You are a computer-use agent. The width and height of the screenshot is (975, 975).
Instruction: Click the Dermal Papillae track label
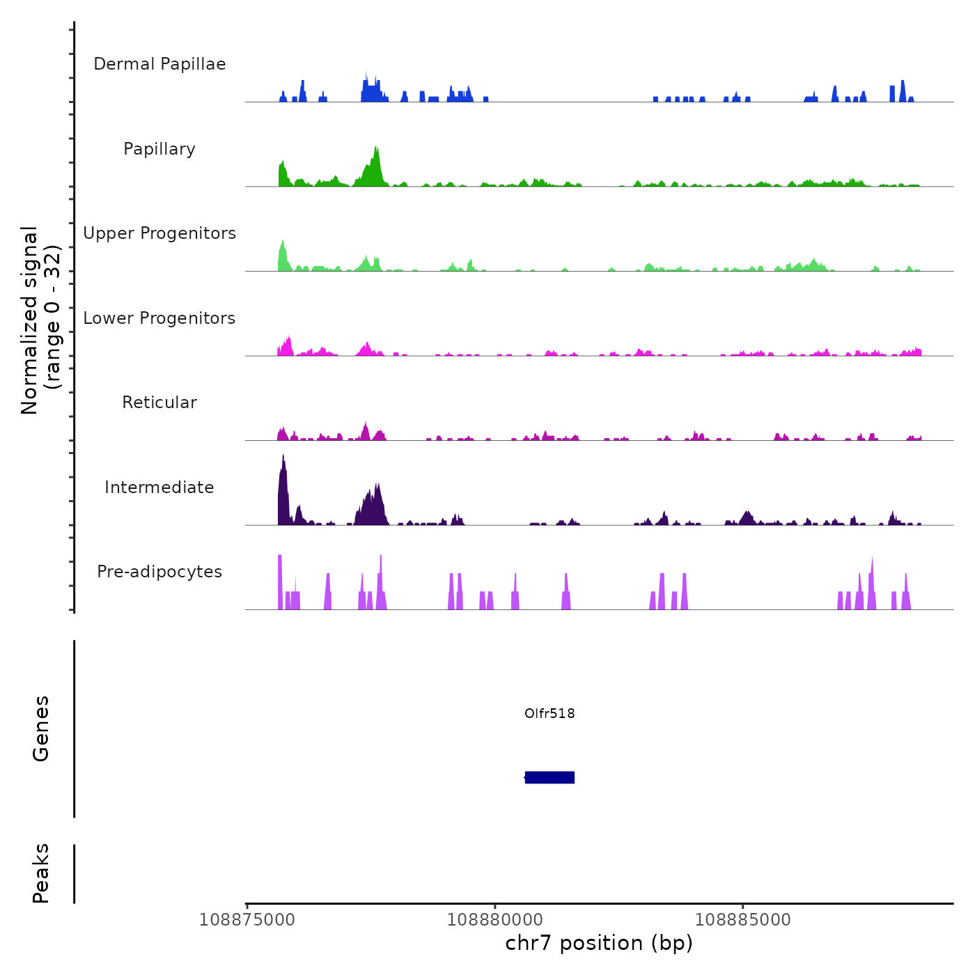(x=159, y=64)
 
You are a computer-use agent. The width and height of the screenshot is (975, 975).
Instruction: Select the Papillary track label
(x=159, y=149)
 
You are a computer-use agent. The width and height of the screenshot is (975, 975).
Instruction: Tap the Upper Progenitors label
(x=159, y=233)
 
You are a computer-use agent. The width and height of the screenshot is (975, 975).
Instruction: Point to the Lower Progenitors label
(x=159, y=318)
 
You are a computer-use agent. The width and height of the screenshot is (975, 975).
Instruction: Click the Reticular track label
(x=159, y=403)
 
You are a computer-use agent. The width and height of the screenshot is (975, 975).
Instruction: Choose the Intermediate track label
(x=159, y=487)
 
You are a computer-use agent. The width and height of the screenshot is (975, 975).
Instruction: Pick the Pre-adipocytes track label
(x=159, y=572)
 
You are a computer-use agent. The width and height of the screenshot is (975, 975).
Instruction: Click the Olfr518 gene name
(x=549, y=713)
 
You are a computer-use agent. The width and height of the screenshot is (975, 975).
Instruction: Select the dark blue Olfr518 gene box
(x=549, y=777)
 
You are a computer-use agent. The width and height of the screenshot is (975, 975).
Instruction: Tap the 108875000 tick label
(x=247, y=920)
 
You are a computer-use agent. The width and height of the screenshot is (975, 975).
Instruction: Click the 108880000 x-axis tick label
(x=495, y=920)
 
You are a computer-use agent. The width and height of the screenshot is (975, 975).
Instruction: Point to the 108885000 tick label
(x=743, y=920)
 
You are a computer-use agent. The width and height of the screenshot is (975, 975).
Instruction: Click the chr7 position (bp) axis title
(x=599, y=944)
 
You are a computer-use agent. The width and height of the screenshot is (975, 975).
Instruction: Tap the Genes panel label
(x=41, y=728)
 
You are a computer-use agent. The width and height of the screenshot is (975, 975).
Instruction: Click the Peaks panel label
(x=41, y=873)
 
